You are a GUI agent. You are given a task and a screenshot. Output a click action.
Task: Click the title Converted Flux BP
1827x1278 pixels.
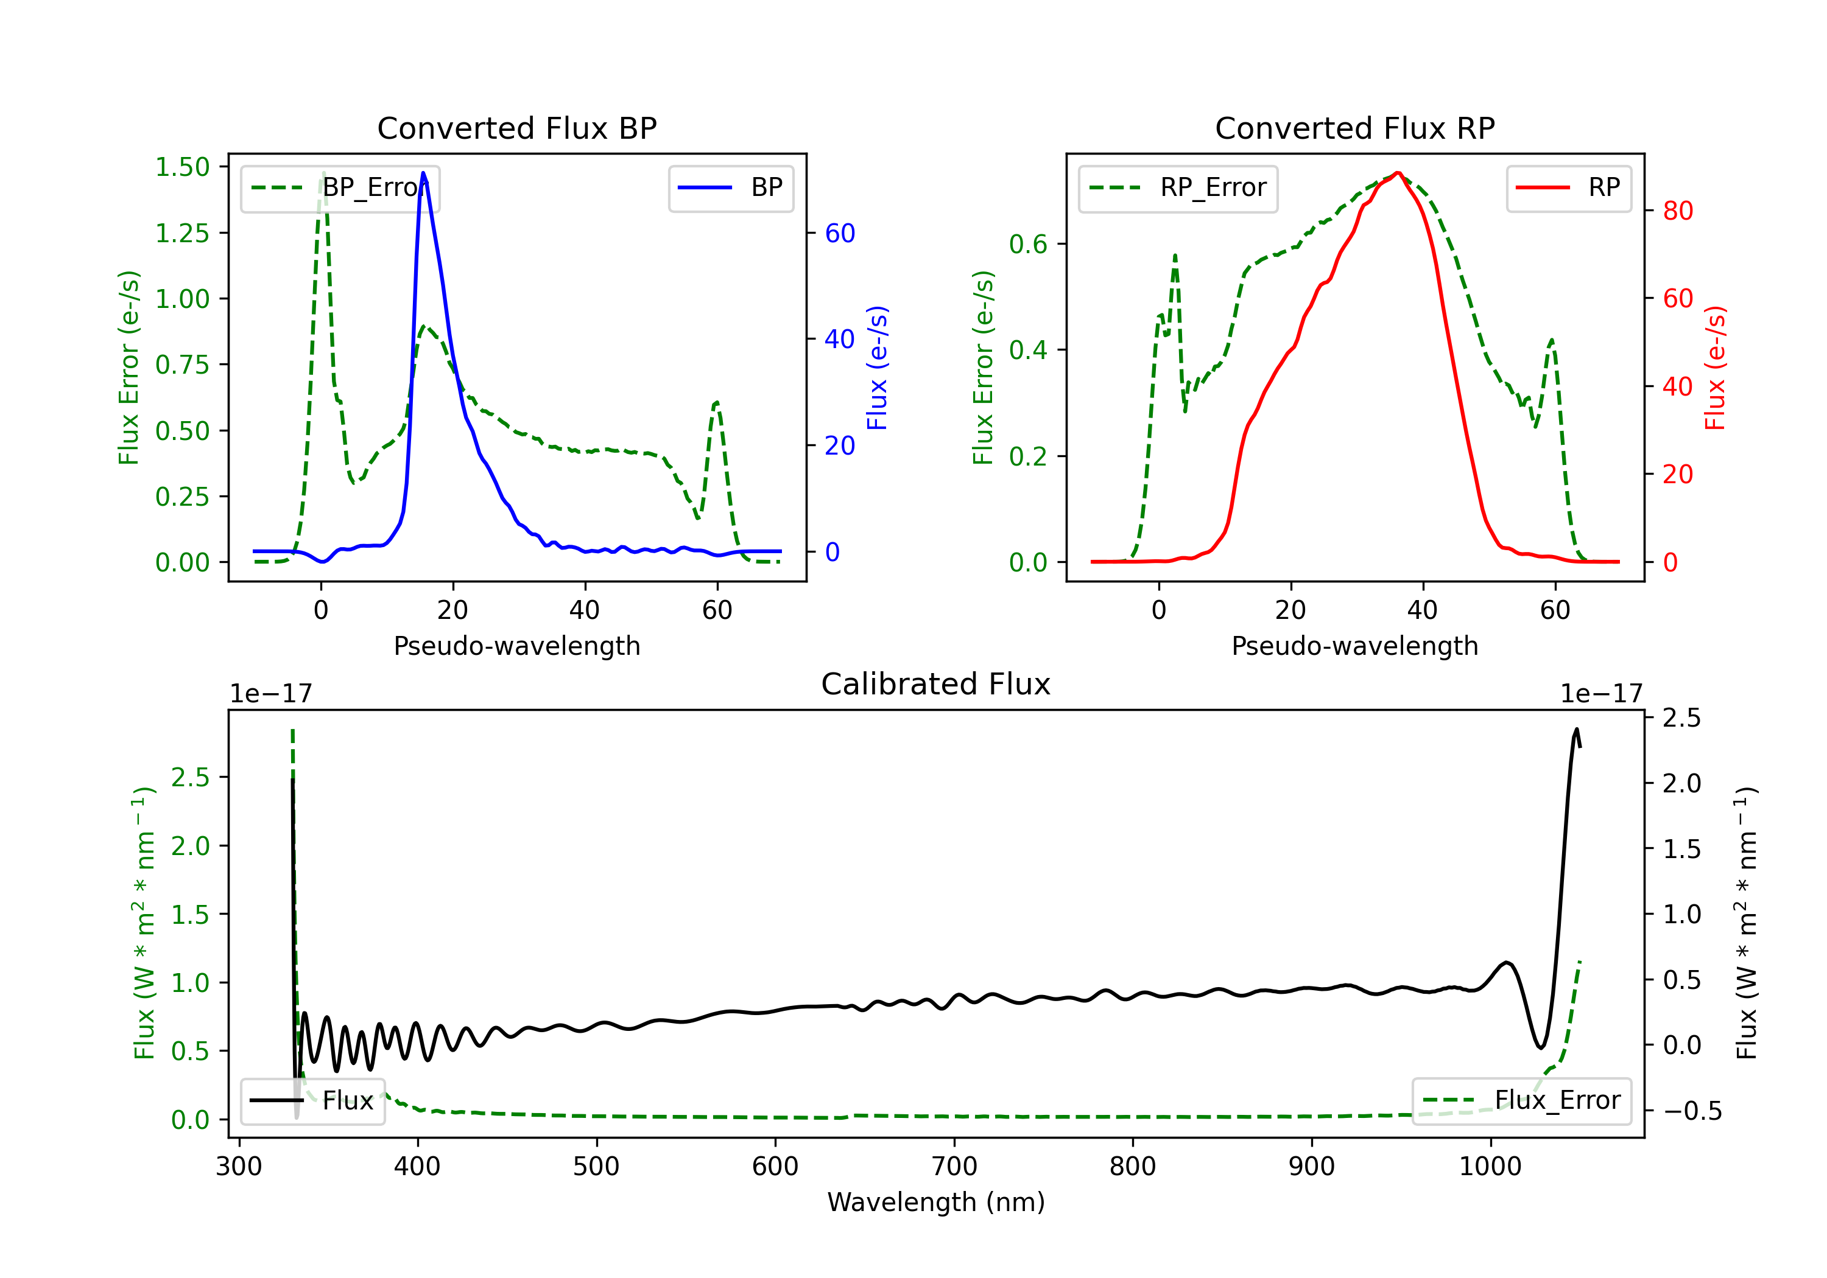click(517, 128)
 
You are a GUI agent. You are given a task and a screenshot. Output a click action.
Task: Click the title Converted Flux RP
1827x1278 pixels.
click(1355, 128)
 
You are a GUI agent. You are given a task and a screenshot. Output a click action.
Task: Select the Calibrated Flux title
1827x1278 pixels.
click(936, 684)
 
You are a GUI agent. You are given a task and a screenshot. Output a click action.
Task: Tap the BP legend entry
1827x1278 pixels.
click(731, 187)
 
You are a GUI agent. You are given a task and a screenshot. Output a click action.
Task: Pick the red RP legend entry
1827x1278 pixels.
click(1568, 187)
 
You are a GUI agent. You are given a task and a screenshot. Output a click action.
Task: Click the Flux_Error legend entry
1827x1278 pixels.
click(1521, 1101)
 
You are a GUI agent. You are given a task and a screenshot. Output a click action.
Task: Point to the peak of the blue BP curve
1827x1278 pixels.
click(423, 173)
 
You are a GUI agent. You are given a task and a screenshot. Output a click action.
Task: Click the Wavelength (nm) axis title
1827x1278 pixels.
click(936, 1202)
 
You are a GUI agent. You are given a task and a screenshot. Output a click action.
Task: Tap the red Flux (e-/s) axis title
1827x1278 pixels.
click(1715, 368)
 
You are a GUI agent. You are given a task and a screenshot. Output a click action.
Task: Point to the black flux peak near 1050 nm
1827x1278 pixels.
click(1576, 728)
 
